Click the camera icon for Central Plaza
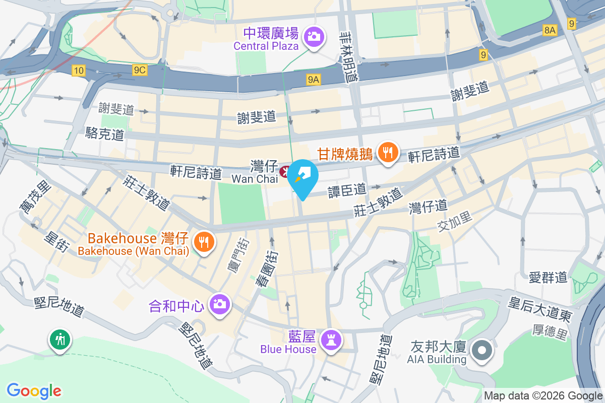click(314, 36)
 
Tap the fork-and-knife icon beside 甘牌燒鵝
click(387, 152)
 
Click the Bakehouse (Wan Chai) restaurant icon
click(204, 242)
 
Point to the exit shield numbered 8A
click(550, 31)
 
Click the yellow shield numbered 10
click(78, 71)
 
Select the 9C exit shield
click(140, 71)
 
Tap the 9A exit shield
click(313, 79)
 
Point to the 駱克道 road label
click(104, 133)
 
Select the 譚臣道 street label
click(347, 190)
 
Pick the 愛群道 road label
click(549, 277)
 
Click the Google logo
click(34, 390)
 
